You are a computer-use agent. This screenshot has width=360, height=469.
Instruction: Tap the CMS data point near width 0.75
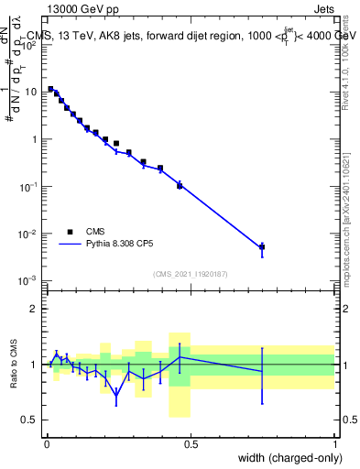[x=262, y=246]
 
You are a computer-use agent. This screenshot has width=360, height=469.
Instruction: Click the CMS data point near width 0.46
[x=180, y=185]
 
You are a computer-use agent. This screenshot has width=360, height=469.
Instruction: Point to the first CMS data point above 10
[x=50, y=89]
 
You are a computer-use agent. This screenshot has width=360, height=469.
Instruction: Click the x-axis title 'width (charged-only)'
[x=278, y=457]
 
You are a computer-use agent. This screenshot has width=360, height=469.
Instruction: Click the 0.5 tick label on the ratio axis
[x=31, y=420]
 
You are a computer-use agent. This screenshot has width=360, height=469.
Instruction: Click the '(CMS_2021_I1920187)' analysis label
[x=190, y=273]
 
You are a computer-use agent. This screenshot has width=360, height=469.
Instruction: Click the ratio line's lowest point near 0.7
[x=116, y=396]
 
